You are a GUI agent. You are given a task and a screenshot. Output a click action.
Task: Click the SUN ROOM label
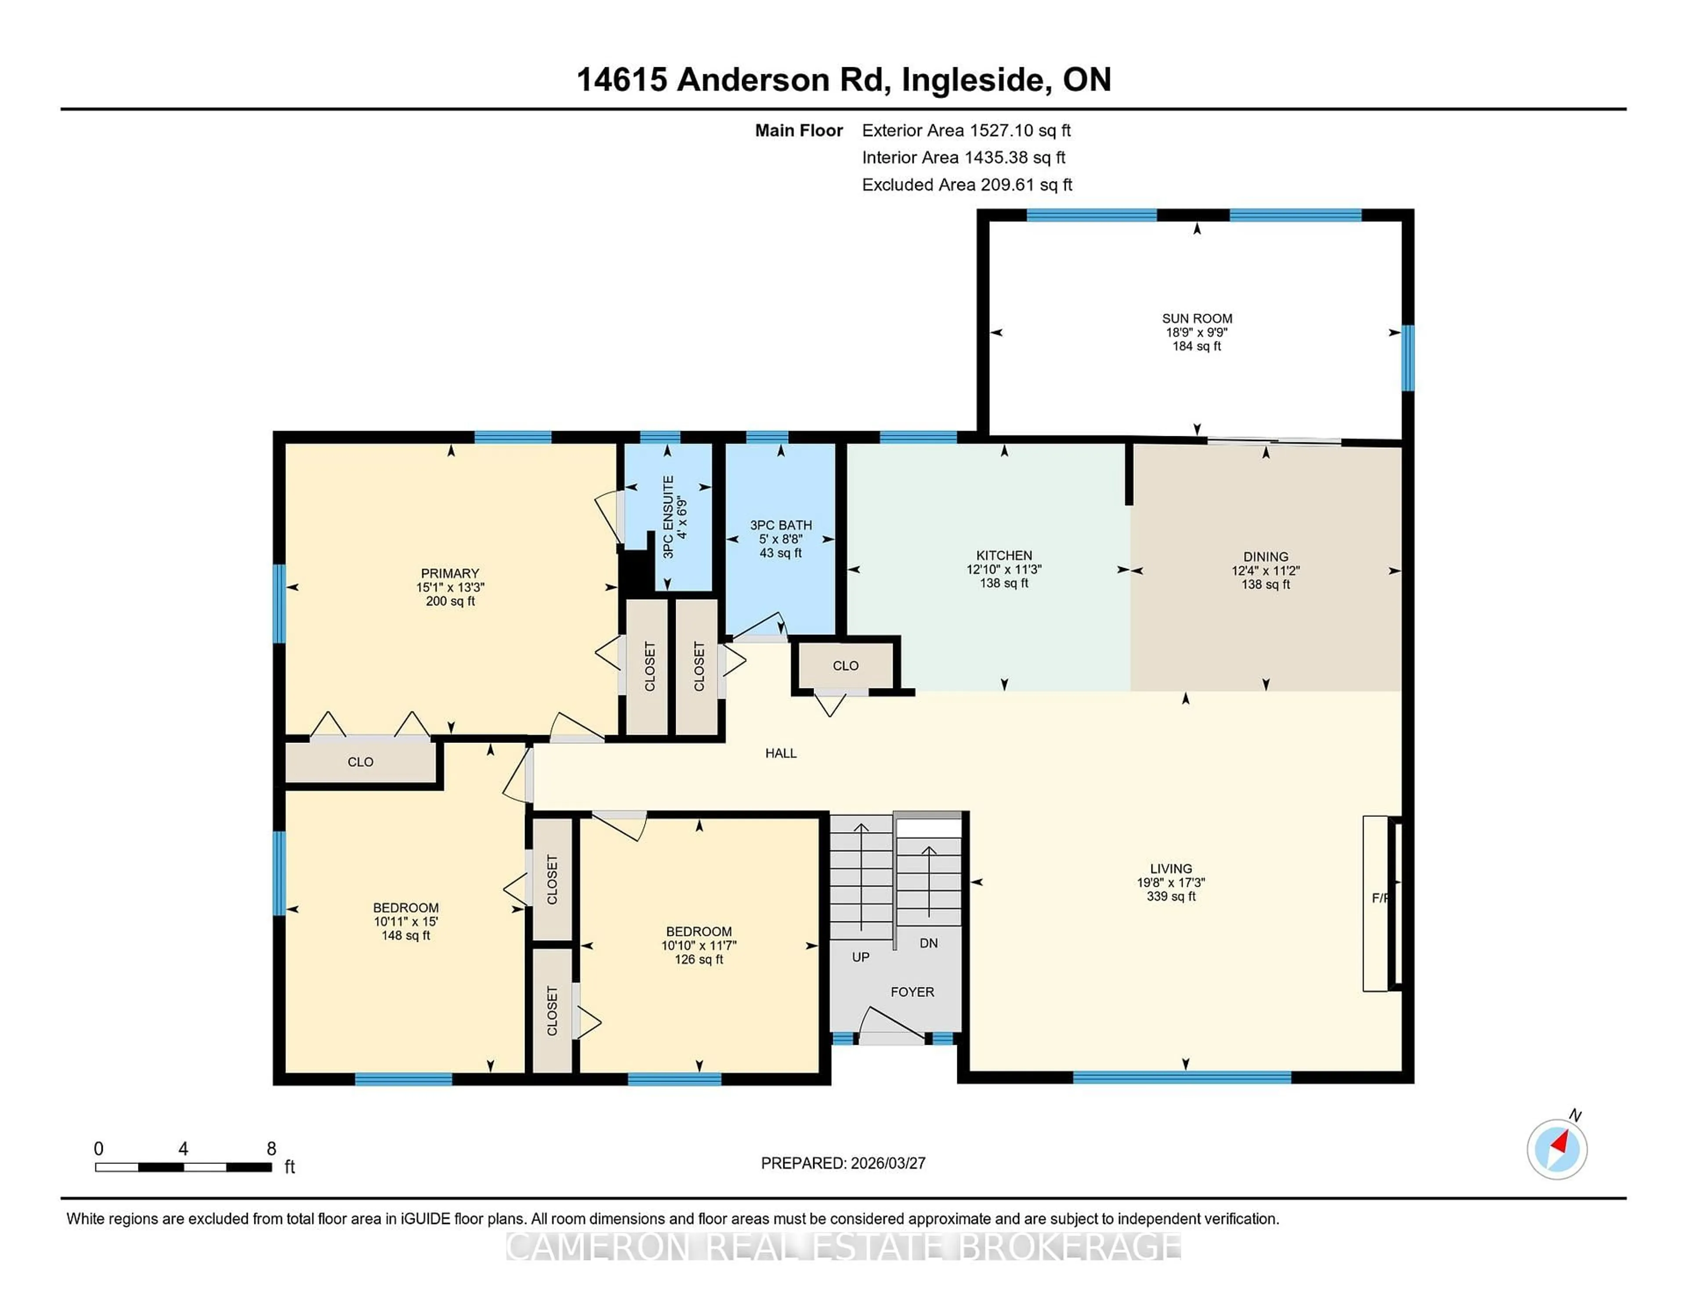point(1197,318)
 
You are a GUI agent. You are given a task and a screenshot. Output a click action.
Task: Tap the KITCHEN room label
point(1003,555)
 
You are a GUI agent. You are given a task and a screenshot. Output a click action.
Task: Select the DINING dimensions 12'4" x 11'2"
point(1265,571)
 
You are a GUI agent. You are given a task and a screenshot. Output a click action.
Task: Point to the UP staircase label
point(861,957)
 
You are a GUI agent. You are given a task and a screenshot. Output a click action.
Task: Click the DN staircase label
point(928,943)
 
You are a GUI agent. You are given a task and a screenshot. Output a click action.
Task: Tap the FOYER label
point(912,992)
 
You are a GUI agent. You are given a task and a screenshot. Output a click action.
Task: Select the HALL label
point(780,753)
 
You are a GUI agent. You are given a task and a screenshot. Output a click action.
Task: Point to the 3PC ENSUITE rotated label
point(669,517)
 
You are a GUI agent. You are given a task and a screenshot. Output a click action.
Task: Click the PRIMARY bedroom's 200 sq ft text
point(450,601)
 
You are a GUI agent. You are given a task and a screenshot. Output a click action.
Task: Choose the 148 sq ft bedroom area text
point(405,935)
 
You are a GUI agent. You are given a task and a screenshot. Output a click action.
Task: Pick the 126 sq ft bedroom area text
point(698,960)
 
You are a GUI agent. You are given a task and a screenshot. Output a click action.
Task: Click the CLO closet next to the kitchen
point(845,666)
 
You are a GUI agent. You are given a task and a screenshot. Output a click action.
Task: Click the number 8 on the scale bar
point(271,1149)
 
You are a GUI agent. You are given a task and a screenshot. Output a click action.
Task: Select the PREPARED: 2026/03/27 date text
point(843,1163)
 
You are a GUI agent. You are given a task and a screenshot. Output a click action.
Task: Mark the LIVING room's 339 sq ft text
point(1171,896)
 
